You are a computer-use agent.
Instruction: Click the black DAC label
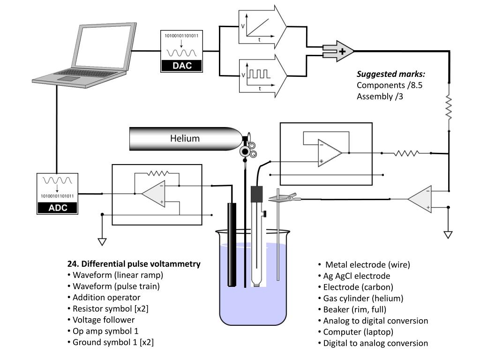(181, 66)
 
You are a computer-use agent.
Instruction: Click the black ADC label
(58, 208)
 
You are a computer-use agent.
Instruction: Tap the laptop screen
(103, 46)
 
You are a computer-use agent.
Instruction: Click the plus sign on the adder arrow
(342, 51)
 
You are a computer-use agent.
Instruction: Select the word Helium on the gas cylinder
(185, 138)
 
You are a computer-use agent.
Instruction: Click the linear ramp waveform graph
(257, 27)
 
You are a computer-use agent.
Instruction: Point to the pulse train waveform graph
(257, 76)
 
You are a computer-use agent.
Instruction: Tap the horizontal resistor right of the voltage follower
(406, 153)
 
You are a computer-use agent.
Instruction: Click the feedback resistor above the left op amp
(157, 173)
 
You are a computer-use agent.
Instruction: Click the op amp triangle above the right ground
(420, 199)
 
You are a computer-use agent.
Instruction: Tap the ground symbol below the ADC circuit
(102, 241)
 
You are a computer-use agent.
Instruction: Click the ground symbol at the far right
(448, 235)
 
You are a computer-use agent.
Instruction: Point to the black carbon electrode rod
(232, 245)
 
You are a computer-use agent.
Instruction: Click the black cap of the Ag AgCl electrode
(257, 194)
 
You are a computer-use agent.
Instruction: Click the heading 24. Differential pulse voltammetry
(134, 264)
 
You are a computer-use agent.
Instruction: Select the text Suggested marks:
(391, 74)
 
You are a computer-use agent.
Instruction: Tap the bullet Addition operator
(104, 298)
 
